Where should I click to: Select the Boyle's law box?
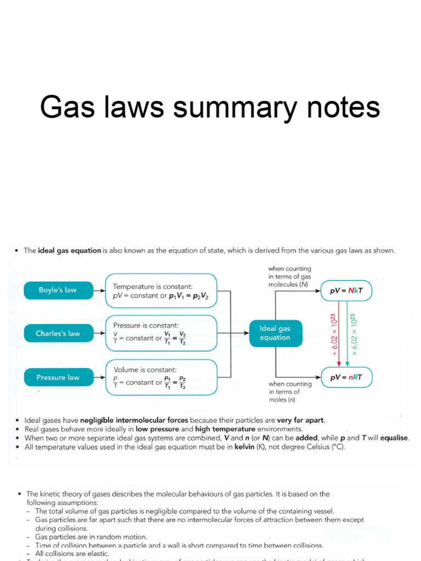click(x=58, y=290)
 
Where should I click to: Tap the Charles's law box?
click(x=58, y=333)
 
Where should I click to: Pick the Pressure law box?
click(x=58, y=377)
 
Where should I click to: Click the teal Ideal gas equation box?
click(x=275, y=333)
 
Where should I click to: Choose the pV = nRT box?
click(x=346, y=377)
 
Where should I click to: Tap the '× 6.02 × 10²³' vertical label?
click(x=354, y=334)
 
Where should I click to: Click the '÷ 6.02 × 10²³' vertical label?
click(x=332, y=334)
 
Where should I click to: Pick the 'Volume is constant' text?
click(x=145, y=370)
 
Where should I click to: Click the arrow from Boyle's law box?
click(x=97, y=290)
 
